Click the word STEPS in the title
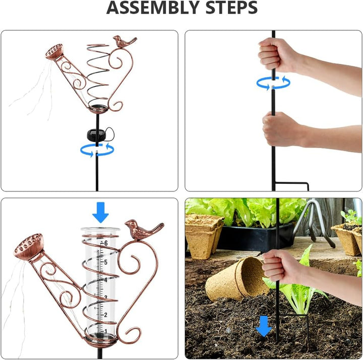(x=232, y=8)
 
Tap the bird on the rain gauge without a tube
(x=124, y=42)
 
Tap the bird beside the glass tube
(x=144, y=229)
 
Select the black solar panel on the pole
(x=97, y=135)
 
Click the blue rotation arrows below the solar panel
(x=97, y=150)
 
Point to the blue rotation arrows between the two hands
(x=273, y=83)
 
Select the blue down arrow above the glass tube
(x=100, y=212)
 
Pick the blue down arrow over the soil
(x=264, y=326)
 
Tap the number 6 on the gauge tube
(x=106, y=243)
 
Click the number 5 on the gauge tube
(x=105, y=262)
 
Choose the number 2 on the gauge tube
(x=105, y=315)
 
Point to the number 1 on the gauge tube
(x=105, y=331)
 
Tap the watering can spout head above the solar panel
(x=54, y=52)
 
